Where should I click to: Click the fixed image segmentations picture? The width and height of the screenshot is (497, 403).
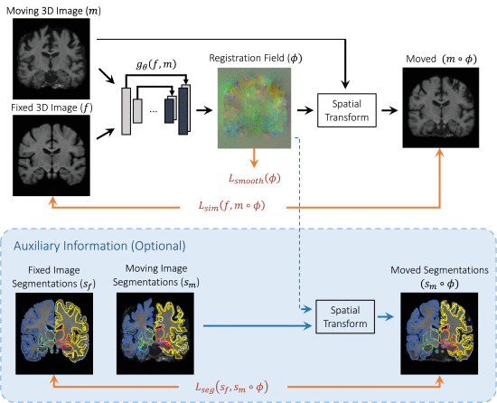click(x=56, y=323)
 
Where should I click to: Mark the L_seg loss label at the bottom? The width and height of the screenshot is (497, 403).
click(x=247, y=388)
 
